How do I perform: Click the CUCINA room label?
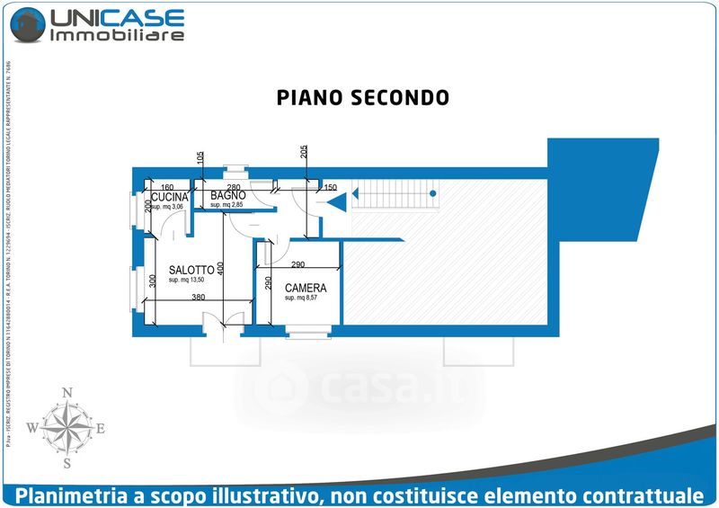coord(169,197)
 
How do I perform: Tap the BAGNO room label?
coord(228,195)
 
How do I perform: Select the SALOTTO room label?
coord(191,269)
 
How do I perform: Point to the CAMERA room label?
coord(306,289)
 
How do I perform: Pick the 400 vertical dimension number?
coord(220,268)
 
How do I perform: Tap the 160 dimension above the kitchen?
coord(166,187)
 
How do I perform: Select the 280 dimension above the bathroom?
coord(233,187)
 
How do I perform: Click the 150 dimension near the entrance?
coord(330,188)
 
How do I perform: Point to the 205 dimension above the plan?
coord(305,153)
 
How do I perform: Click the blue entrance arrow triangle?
coord(340,202)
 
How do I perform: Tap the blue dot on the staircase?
coord(432,193)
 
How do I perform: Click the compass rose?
coord(67,428)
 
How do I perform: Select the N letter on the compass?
coord(67,393)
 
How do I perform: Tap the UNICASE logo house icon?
coord(26,23)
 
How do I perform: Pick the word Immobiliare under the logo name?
coord(118,36)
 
